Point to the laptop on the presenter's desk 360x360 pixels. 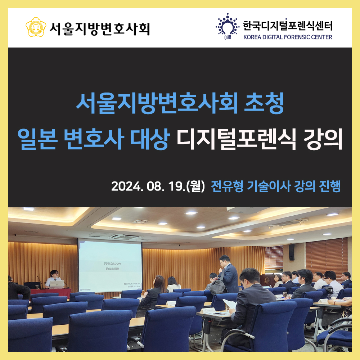57,284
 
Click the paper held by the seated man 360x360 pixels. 230,304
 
